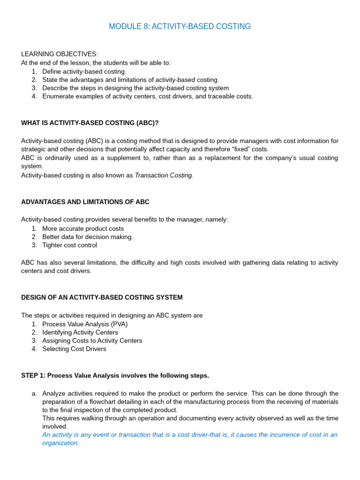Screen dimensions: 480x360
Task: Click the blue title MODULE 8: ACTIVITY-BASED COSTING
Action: (x=180, y=27)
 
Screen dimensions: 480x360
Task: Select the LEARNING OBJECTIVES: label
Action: (x=60, y=54)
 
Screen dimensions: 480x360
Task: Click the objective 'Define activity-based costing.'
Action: (x=84, y=71)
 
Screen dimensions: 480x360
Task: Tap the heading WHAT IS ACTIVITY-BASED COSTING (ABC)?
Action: (x=90, y=123)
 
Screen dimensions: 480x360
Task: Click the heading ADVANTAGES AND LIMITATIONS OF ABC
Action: (x=85, y=202)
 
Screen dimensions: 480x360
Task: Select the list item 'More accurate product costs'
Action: (x=83, y=229)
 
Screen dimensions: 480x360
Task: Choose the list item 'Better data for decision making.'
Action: (x=88, y=237)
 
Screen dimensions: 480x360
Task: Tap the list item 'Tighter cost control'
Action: (x=70, y=245)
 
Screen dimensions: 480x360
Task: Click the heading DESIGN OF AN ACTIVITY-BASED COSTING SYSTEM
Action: (x=102, y=298)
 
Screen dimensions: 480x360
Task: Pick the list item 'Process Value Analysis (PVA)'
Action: (x=85, y=324)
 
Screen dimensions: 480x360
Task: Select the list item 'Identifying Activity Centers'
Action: (x=80, y=332)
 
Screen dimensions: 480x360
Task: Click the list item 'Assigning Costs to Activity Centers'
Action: (x=92, y=341)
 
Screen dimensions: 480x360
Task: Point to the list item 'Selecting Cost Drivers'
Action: (x=74, y=349)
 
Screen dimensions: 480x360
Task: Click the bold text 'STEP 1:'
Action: (x=33, y=376)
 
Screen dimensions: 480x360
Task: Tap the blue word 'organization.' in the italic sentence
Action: (x=61, y=443)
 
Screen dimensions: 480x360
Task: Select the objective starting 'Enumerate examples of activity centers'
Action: (x=148, y=97)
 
